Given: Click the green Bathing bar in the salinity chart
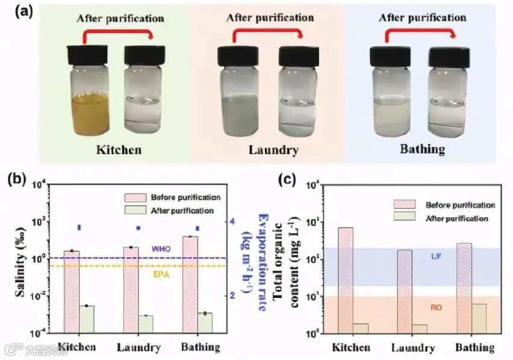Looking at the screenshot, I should [x=205, y=322].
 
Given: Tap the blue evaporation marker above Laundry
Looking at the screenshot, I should [x=138, y=228].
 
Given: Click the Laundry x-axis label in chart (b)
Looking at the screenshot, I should [x=138, y=348].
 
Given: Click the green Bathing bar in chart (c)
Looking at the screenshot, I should [x=479, y=318].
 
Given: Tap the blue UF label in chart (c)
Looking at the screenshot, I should [x=436, y=257].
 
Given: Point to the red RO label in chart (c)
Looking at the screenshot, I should [x=436, y=308].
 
